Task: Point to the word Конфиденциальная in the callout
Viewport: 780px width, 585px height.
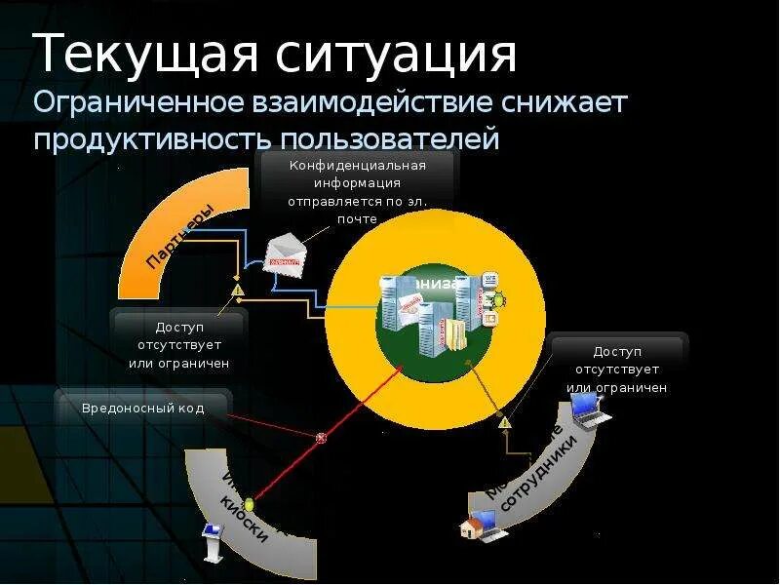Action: pos(358,165)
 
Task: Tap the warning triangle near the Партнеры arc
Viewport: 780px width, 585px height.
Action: pos(237,290)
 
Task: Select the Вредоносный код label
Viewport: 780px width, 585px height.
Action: pos(143,409)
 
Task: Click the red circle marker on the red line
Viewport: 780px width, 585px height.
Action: pos(322,439)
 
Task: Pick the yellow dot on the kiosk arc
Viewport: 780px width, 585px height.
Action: pos(250,505)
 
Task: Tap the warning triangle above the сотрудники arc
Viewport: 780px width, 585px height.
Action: pos(504,422)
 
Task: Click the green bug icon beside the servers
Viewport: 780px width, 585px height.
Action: pos(496,300)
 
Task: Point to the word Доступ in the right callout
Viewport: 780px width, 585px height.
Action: pos(617,351)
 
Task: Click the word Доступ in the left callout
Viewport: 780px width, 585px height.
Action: pos(178,327)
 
